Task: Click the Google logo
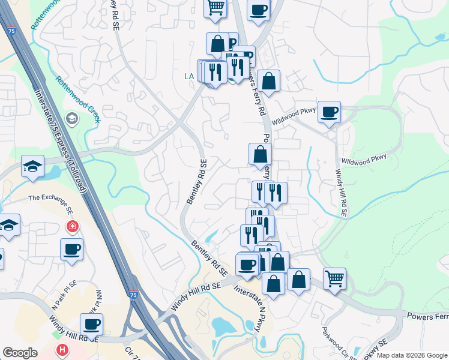pyautogui.click(x=20, y=353)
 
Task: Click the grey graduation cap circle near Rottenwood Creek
pyautogui.click(x=73, y=118)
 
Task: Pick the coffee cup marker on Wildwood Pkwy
pyautogui.click(x=329, y=112)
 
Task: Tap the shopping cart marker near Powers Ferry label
pyautogui.click(x=334, y=278)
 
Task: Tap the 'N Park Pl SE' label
pyautogui.click(x=64, y=296)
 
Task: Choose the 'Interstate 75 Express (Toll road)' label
pyautogui.click(x=61, y=142)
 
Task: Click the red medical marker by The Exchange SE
pyautogui.click(x=72, y=227)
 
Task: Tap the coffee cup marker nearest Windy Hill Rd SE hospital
pyautogui.click(x=91, y=324)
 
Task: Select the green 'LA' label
pyautogui.click(x=189, y=76)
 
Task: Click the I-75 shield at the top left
pyautogui.click(x=11, y=30)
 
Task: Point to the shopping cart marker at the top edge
pyautogui.click(x=215, y=8)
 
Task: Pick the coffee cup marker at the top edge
pyautogui.click(x=258, y=10)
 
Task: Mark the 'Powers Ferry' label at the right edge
pyautogui.click(x=427, y=316)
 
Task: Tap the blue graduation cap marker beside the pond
pyautogui.click(x=33, y=166)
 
